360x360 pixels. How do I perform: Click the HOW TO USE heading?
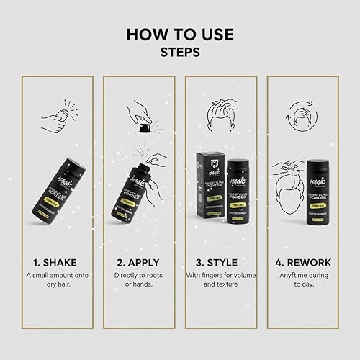[x=179, y=34]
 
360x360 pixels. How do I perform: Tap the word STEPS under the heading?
[x=179, y=53]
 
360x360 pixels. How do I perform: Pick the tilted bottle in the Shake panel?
[x=57, y=191]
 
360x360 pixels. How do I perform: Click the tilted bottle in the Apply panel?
[x=137, y=191]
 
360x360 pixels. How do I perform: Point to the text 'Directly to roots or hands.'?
[x=139, y=282]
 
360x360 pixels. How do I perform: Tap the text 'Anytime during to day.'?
[x=303, y=282]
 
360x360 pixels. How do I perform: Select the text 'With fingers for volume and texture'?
[x=221, y=282]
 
